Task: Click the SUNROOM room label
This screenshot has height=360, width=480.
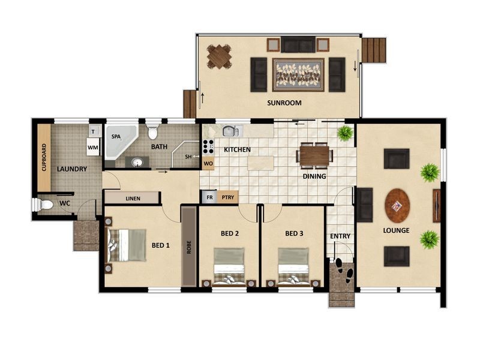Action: pyautogui.click(x=284, y=103)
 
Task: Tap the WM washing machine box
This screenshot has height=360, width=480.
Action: pyautogui.click(x=93, y=147)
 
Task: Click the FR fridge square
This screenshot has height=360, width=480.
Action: pyautogui.click(x=209, y=197)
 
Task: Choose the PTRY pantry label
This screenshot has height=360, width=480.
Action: pyautogui.click(x=228, y=197)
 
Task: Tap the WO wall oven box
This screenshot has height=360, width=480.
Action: pyautogui.click(x=208, y=163)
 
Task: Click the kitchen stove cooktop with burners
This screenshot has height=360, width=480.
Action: pyautogui.click(x=208, y=146)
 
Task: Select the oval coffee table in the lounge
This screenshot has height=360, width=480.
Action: pyautogui.click(x=397, y=205)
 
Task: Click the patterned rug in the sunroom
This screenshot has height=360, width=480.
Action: pyautogui.click(x=298, y=75)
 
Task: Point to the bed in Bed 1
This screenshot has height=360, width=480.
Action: pyautogui.click(x=125, y=245)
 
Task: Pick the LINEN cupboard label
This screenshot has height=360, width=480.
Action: pyautogui.click(x=133, y=199)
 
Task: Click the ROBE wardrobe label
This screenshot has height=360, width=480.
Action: pyautogui.click(x=189, y=247)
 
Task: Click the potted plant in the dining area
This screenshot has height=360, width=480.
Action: pyautogui.click(x=346, y=133)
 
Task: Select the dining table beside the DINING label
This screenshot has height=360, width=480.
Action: pyautogui.click(x=314, y=155)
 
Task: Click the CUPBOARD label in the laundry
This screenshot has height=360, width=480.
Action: pyautogui.click(x=44, y=157)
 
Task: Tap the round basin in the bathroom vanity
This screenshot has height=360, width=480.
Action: pyautogui.click(x=138, y=162)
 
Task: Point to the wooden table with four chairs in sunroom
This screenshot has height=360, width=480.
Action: pyautogui.click(x=219, y=56)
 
